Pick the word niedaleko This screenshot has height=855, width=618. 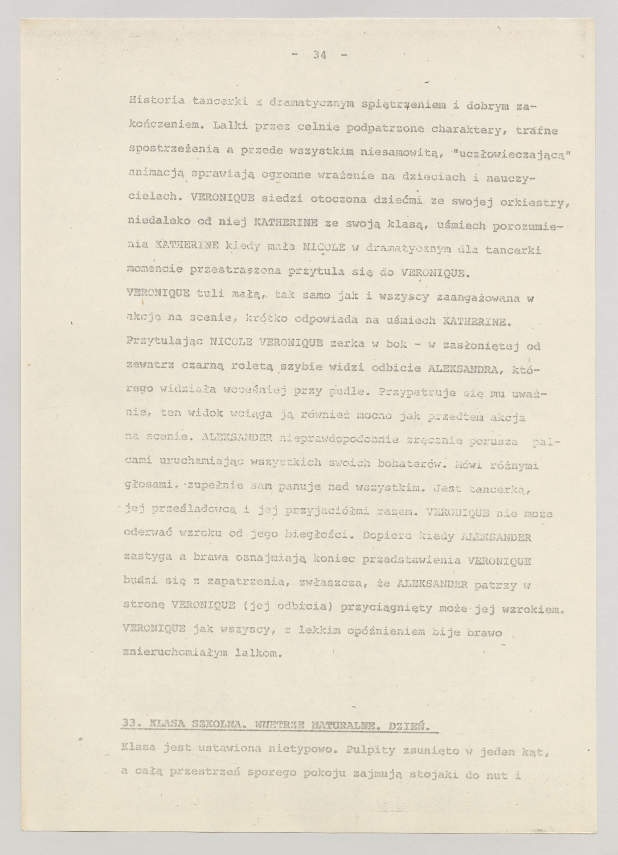click(x=153, y=221)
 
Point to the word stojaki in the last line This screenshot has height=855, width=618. click(x=436, y=775)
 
